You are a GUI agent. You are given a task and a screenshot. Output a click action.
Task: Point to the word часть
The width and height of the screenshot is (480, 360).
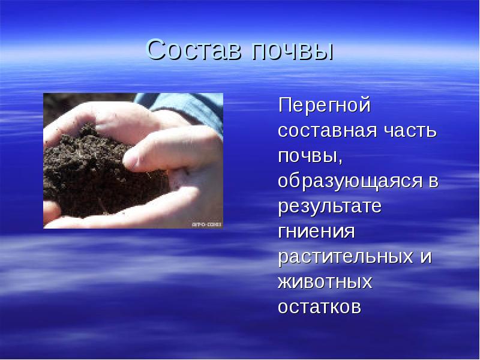[409, 131]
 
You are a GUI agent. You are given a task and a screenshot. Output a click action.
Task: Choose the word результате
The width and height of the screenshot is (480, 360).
[329, 207]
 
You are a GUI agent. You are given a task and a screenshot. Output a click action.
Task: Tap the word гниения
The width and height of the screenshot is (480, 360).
[316, 232]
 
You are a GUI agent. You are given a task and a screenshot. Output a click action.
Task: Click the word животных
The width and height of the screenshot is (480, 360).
[325, 282]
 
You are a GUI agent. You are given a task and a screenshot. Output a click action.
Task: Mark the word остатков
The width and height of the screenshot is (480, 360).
[319, 307]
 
